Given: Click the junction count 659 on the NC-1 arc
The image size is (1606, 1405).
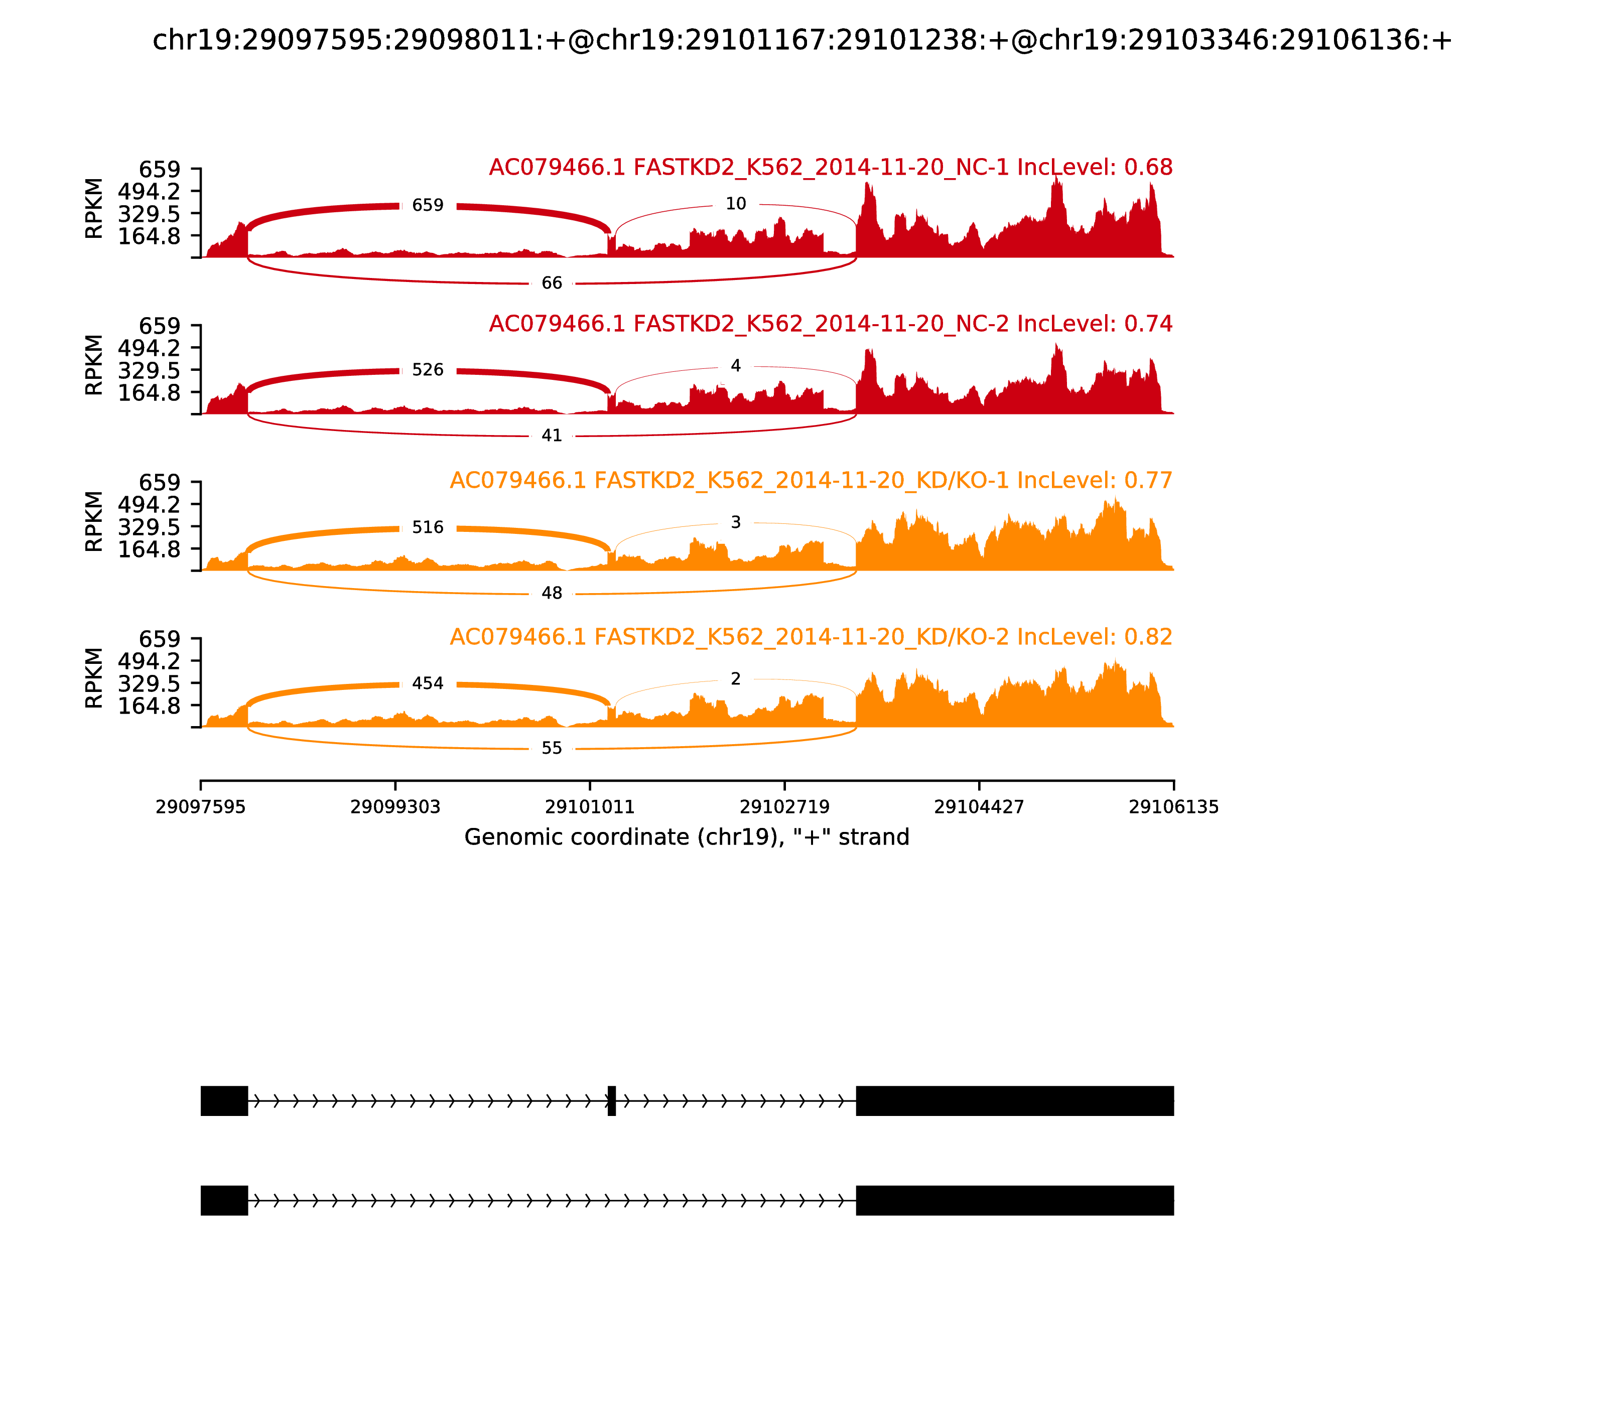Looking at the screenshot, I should [x=428, y=205].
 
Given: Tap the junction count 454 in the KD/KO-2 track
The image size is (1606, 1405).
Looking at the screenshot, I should [x=428, y=683].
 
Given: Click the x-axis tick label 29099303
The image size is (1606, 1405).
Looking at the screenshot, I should [x=395, y=807].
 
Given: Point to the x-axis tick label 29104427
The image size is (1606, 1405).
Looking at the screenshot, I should [x=979, y=807].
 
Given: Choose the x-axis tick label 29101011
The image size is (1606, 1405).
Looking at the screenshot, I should [x=590, y=807].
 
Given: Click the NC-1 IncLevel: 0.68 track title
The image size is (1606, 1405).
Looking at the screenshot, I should [x=831, y=168].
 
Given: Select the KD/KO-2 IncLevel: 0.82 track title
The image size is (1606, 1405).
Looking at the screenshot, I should [x=811, y=637].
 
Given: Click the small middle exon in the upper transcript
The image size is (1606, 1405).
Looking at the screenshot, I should [x=612, y=1101].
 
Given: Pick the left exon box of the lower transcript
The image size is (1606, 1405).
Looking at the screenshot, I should [x=224, y=1200].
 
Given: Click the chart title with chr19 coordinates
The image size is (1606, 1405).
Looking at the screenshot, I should [x=802, y=41].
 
